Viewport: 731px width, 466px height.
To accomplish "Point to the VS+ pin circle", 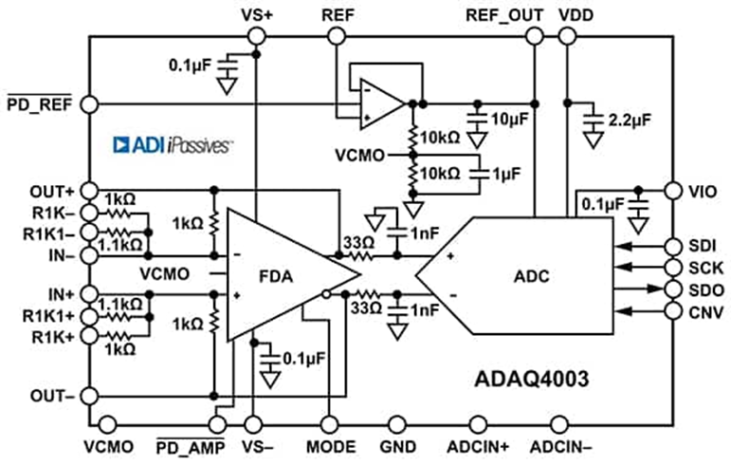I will tap(255, 36).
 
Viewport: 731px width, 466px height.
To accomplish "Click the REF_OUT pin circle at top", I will tap(535, 36).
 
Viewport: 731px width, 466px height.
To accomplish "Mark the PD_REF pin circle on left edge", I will tap(90, 103).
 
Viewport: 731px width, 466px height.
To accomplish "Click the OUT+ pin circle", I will tap(90, 190).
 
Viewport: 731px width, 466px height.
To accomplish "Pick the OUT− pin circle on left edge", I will tap(90, 396).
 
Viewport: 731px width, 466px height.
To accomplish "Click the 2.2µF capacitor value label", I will tap(629, 122).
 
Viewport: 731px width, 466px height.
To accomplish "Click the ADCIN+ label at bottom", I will tap(477, 447).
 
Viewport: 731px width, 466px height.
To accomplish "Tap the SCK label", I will tap(706, 268).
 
